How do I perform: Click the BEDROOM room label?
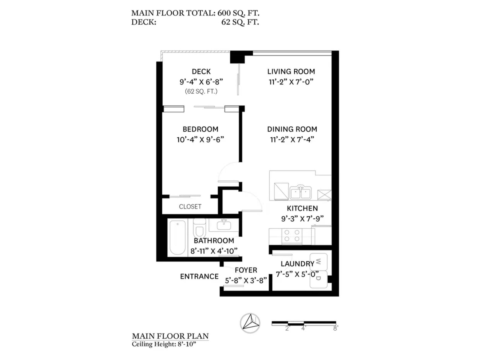(200, 129)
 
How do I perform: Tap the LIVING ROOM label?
(291, 71)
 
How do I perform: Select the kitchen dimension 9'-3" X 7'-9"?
(302, 219)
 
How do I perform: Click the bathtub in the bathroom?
(177, 237)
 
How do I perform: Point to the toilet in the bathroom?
(199, 227)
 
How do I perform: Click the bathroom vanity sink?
(224, 225)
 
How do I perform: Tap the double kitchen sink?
(301, 192)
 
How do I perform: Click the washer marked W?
(319, 262)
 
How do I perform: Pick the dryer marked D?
(319, 279)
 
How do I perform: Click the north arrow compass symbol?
(250, 323)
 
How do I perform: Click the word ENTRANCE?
(199, 277)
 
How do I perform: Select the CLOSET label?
(190, 207)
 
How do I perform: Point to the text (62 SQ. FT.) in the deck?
(201, 91)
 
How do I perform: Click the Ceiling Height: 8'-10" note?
(164, 344)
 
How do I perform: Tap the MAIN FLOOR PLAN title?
(170, 336)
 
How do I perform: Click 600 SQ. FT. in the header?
(238, 13)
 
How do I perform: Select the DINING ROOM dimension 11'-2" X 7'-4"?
(292, 139)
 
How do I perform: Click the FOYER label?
(246, 270)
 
